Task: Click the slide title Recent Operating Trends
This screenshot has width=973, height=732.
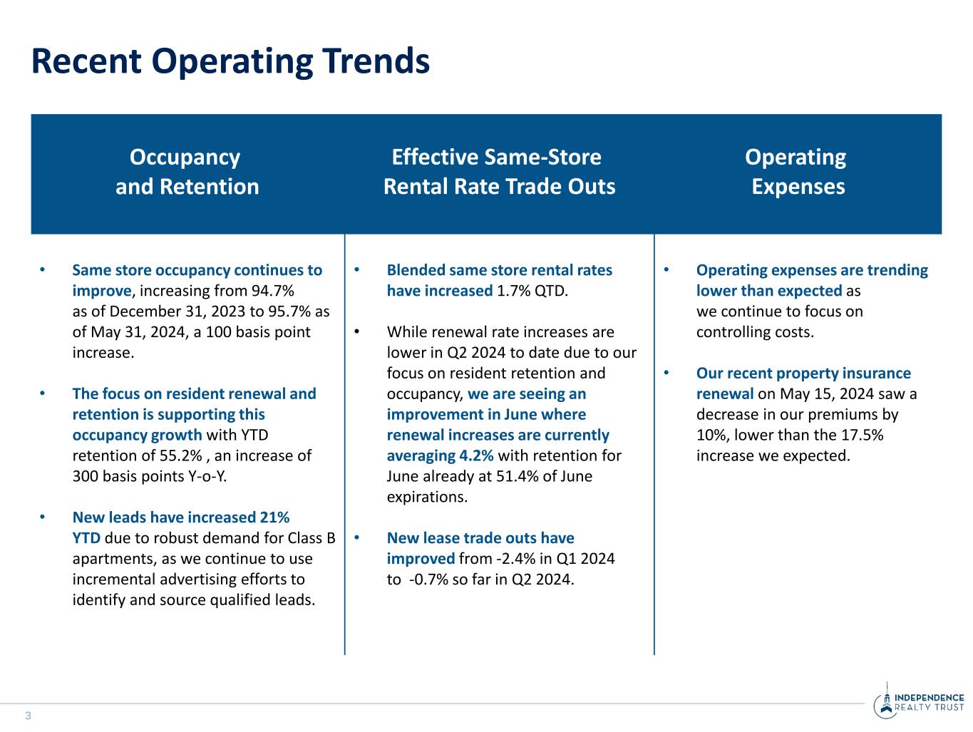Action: point(230,61)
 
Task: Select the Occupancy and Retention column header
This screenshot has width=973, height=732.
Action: point(187,172)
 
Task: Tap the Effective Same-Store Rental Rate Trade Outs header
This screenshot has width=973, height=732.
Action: point(499,172)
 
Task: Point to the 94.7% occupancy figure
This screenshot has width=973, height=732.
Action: point(272,291)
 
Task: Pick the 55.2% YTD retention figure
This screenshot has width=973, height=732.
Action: point(181,455)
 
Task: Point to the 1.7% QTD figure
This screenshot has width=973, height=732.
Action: point(532,291)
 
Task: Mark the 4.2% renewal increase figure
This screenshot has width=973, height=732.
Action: point(477,455)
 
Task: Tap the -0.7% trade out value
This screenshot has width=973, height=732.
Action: point(428,579)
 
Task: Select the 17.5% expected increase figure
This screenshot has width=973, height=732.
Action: point(863,435)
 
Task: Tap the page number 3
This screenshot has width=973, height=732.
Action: point(29,716)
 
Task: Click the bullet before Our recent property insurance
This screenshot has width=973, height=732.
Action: point(666,373)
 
